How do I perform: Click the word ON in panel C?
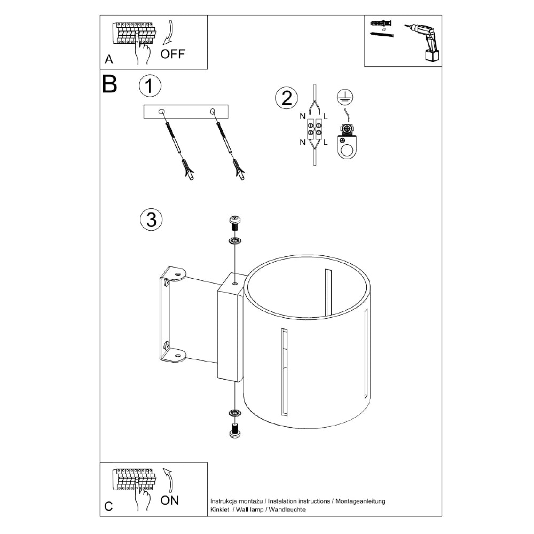(x=170, y=500)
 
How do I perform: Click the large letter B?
(x=109, y=84)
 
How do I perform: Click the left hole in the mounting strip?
(x=162, y=112)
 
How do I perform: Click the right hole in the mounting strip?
(x=213, y=112)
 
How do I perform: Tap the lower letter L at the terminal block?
(x=326, y=143)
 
